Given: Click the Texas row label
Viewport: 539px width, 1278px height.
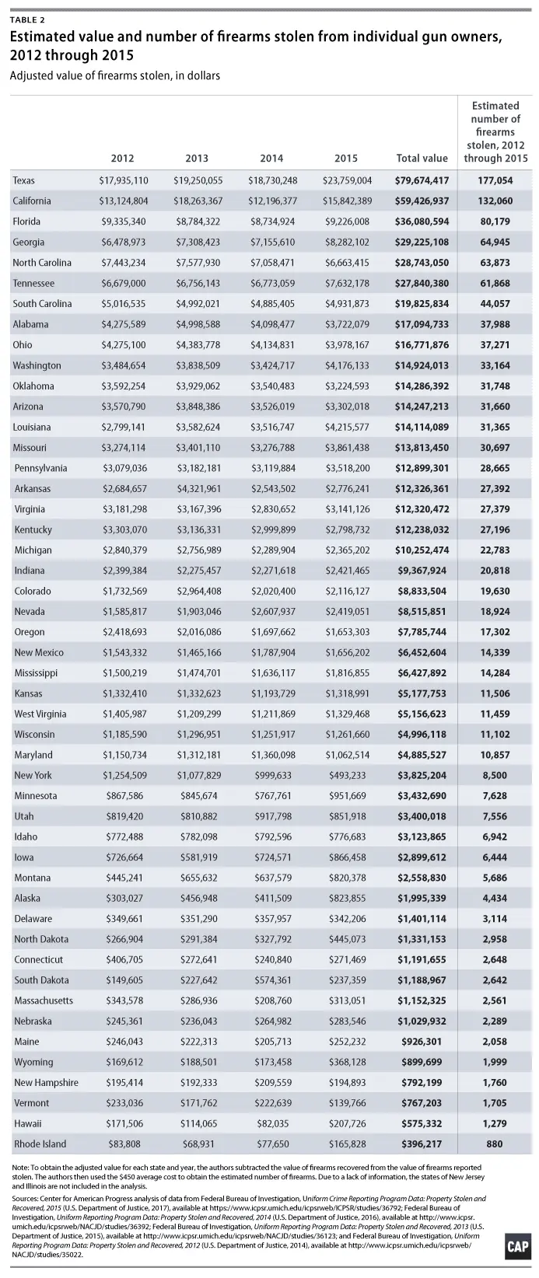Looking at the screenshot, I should click(x=24, y=180).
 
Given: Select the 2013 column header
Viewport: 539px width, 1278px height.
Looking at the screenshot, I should click(x=197, y=158).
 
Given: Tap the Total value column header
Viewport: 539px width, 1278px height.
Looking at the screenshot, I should click(x=422, y=158).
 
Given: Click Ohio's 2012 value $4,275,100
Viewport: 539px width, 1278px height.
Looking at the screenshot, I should click(x=124, y=344).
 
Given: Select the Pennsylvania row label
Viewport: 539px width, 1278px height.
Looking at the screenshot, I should click(x=40, y=468).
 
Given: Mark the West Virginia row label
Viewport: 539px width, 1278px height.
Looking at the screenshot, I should click(x=40, y=714).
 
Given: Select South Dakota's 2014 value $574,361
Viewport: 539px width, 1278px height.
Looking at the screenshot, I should click(x=275, y=979).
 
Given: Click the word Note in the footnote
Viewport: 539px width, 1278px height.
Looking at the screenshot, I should click(x=22, y=1168).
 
